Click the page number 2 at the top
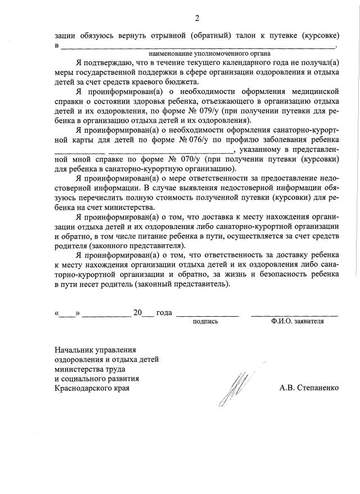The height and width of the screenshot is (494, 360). click(x=197, y=18)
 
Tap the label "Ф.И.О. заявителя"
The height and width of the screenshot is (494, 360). click(x=297, y=322)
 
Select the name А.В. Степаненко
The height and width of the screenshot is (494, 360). click(x=309, y=388)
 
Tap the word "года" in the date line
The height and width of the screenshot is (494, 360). click(x=164, y=313)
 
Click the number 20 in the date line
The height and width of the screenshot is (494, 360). click(x=138, y=313)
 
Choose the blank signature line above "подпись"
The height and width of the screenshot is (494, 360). click(x=208, y=315)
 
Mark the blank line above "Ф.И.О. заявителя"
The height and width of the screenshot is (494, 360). click(x=294, y=315)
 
